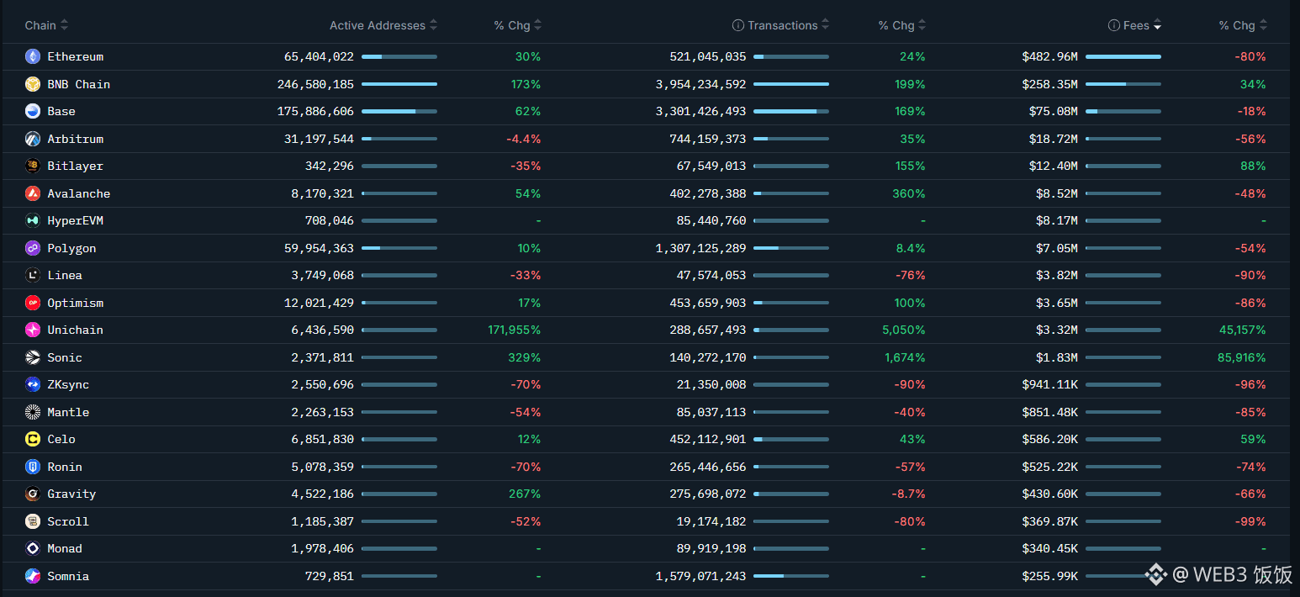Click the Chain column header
[40, 25]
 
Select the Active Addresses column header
[378, 25]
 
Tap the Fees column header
[1136, 25]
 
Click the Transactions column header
[782, 25]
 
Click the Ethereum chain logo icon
[33, 57]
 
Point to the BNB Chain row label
[78, 84]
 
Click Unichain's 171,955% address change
[514, 330]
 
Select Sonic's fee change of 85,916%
[1241, 357]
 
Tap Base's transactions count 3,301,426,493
[700, 112]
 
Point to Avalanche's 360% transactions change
[908, 193]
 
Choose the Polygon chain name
[71, 248]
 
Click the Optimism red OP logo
[33, 303]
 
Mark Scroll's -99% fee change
[1250, 521]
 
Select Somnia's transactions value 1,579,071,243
[700, 576]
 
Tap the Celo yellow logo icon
[33, 439]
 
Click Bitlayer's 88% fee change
[1252, 166]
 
